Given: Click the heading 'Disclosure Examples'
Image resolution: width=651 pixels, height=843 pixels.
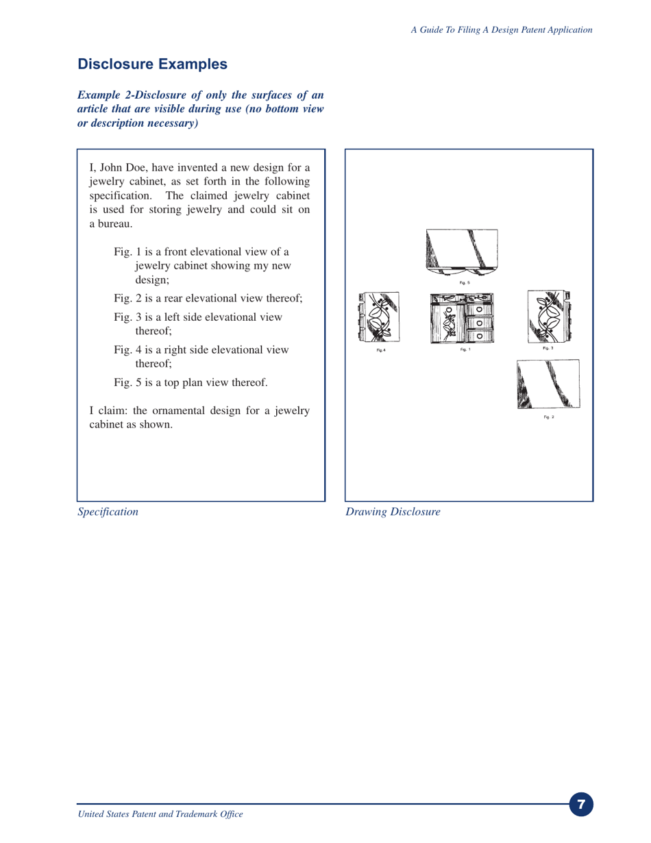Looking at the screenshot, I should [x=152, y=64].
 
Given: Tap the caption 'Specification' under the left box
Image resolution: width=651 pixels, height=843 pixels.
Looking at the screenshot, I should [x=108, y=511].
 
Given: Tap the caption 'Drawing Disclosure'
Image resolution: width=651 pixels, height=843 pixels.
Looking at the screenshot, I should [x=393, y=511].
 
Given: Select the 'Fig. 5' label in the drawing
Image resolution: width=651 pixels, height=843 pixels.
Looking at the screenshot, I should [x=465, y=282].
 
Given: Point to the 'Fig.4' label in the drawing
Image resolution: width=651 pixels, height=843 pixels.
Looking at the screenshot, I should [x=381, y=350].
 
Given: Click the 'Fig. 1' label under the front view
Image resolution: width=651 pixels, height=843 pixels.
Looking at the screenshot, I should [x=465, y=350].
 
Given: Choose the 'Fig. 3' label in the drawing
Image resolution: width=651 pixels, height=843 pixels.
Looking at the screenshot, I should [x=548, y=349].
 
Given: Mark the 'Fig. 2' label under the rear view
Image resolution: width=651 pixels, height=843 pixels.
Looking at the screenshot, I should [x=548, y=417].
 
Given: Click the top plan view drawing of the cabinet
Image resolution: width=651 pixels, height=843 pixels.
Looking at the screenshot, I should [x=462, y=252].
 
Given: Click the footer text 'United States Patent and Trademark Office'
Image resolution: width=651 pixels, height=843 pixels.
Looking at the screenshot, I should [x=160, y=814].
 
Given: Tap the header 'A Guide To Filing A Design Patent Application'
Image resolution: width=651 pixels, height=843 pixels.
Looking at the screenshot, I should [x=501, y=29].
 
